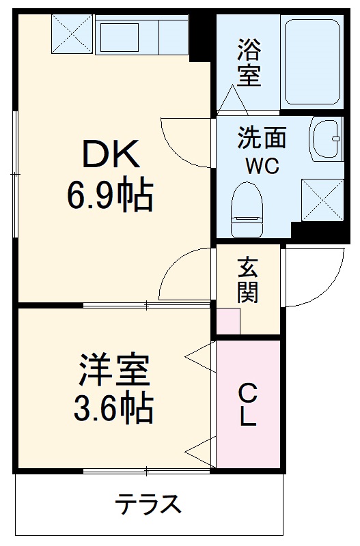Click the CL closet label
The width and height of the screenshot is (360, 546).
click(x=247, y=404)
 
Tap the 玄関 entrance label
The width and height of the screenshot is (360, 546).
click(x=247, y=281)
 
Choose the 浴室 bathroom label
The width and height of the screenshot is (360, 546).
click(x=248, y=63)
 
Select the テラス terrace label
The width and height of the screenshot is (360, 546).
click(x=148, y=505)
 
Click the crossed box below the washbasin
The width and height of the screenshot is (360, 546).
click(x=322, y=199)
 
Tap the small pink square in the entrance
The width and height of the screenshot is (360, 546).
click(x=229, y=321)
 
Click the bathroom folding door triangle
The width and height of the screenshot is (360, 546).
click(x=234, y=100)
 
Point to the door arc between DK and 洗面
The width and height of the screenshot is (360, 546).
click(x=186, y=140)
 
